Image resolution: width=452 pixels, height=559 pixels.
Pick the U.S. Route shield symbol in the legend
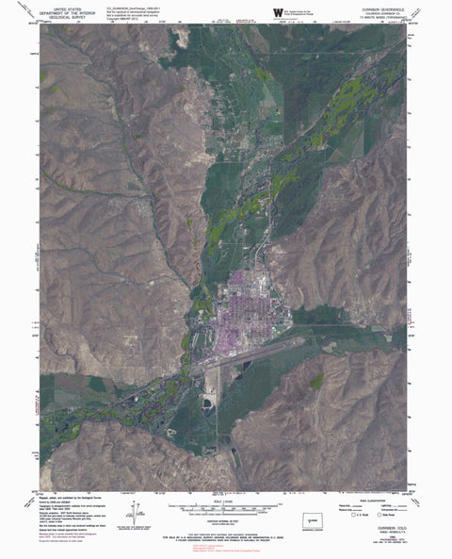355,515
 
